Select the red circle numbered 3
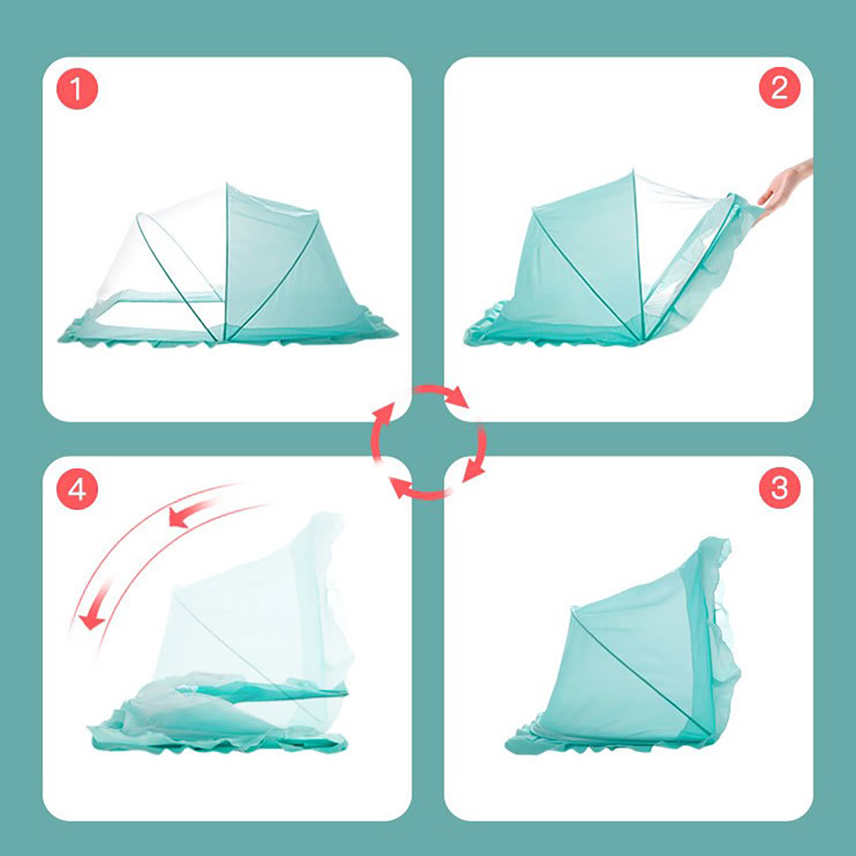click(x=779, y=488)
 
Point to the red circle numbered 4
click(x=77, y=488)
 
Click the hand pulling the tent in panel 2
click(x=786, y=189)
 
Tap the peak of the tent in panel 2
click(x=633, y=170)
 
